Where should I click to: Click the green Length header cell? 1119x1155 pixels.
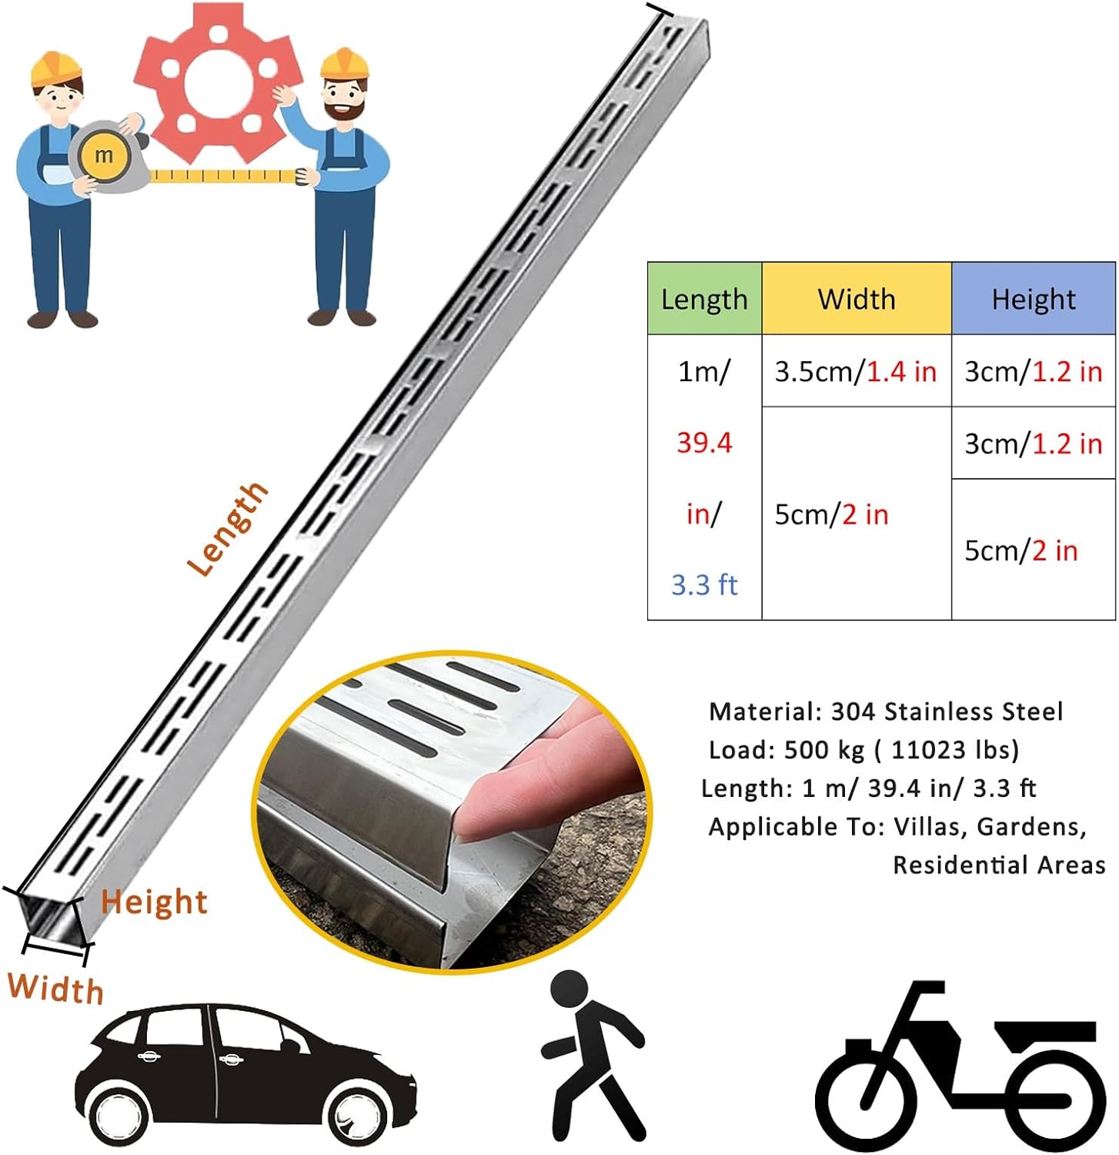(704, 299)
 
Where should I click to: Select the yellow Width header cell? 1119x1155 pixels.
(857, 299)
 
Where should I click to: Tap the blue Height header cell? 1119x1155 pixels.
(1033, 299)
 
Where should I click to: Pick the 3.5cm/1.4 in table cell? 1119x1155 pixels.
(856, 372)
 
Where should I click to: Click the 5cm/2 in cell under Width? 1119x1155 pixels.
(831, 514)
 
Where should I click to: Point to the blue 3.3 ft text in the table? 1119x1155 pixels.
(704, 585)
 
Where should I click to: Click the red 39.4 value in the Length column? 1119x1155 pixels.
(704, 443)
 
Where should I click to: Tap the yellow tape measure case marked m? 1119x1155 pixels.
(103, 156)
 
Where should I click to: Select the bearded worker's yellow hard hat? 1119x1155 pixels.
(344, 63)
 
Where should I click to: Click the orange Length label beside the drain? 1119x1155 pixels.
(228, 529)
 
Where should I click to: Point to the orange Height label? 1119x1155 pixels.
(155, 902)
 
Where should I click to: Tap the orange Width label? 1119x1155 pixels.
(55, 988)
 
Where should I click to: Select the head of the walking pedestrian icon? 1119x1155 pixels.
(570, 989)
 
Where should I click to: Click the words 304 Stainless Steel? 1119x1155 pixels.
(947, 711)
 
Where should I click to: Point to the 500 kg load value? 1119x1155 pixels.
(823, 750)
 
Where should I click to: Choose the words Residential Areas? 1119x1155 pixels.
(999, 865)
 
